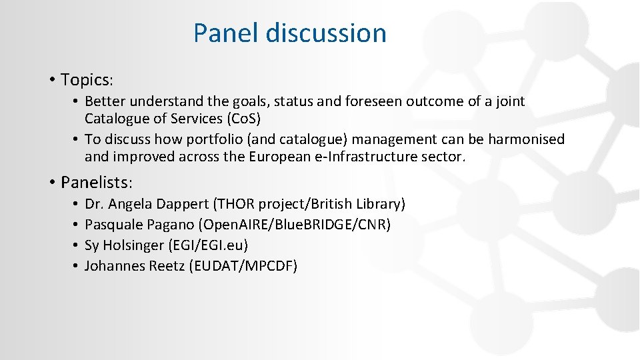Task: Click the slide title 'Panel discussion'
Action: point(289,33)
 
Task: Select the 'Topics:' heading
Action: point(87,80)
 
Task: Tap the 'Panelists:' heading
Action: point(97,182)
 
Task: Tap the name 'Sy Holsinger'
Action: point(124,245)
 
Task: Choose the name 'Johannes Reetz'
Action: point(135,266)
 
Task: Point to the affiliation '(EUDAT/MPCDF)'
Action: point(244,266)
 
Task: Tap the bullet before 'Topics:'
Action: point(51,80)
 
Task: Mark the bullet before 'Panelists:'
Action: point(51,182)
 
